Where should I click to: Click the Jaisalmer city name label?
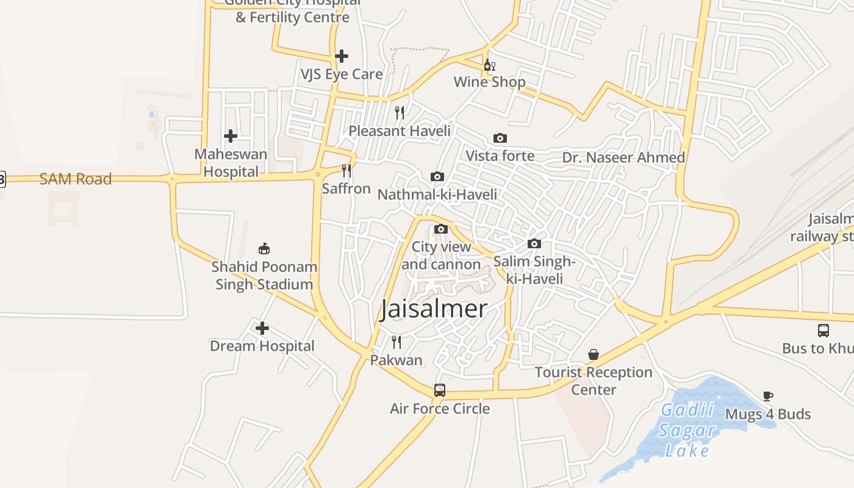tap(434, 309)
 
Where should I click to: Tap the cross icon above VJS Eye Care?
tap(342, 56)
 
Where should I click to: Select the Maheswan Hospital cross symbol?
tap(231, 135)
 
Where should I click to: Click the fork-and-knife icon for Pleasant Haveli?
tap(400, 113)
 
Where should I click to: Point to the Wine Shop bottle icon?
tap(489, 65)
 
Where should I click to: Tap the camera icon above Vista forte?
tap(500, 138)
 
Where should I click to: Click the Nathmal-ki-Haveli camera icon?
tap(437, 177)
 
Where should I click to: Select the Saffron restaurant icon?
tap(346, 170)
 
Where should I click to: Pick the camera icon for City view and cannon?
tap(441, 229)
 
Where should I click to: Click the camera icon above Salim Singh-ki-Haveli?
tap(534, 244)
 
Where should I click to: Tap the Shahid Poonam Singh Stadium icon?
tap(264, 248)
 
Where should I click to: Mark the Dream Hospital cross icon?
tap(262, 328)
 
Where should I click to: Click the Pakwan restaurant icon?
tap(396, 342)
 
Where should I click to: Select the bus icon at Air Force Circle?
tap(440, 390)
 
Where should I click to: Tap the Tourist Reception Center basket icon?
tap(594, 354)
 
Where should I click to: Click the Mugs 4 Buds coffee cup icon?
tap(768, 396)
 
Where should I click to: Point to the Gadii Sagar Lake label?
tap(688, 430)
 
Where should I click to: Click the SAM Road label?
tap(76, 179)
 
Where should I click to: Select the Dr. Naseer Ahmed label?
tap(623, 157)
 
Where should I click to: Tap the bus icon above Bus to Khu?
tap(823, 331)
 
